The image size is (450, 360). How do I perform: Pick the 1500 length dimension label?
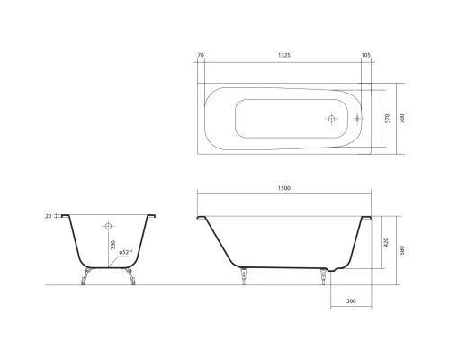pos(284,187)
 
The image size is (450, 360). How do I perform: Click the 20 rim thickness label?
pos(47,217)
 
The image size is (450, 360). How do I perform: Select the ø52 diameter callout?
pos(127,253)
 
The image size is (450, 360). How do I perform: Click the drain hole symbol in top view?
pos(331,118)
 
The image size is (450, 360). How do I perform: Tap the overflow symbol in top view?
pos(359,118)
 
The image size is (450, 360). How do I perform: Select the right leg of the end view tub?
pos(131,275)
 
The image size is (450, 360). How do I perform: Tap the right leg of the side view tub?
pos(320,277)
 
